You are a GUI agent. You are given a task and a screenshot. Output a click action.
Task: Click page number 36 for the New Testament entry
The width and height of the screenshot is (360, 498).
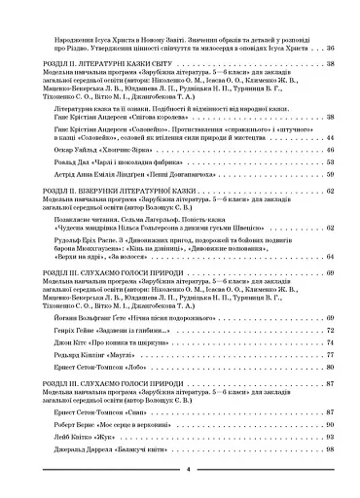(x=329, y=48)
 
